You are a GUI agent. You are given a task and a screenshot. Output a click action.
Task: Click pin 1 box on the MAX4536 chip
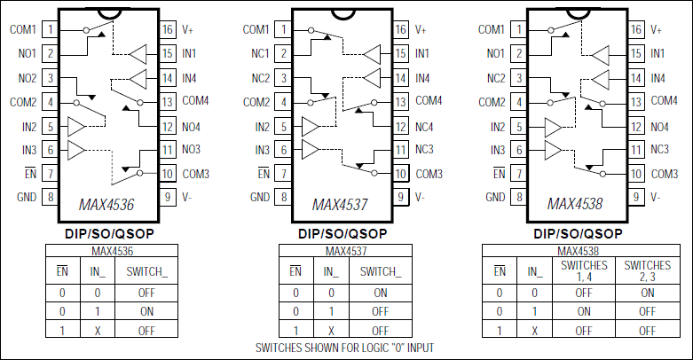click(x=51, y=29)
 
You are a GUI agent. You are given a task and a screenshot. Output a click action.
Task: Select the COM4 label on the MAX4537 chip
click(x=429, y=101)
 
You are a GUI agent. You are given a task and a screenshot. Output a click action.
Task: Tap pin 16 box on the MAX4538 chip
click(x=636, y=29)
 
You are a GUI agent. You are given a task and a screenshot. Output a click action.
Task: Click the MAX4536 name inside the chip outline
click(x=106, y=205)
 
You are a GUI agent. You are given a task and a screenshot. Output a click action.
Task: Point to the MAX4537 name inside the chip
click(x=341, y=205)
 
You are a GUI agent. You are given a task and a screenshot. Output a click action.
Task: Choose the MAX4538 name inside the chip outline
click(x=576, y=205)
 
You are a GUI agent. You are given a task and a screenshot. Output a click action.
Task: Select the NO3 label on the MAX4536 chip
click(x=193, y=149)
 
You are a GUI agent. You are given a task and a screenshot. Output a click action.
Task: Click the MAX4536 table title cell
click(x=106, y=251)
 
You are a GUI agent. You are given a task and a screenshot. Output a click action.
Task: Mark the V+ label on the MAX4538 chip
click(x=658, y=29)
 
